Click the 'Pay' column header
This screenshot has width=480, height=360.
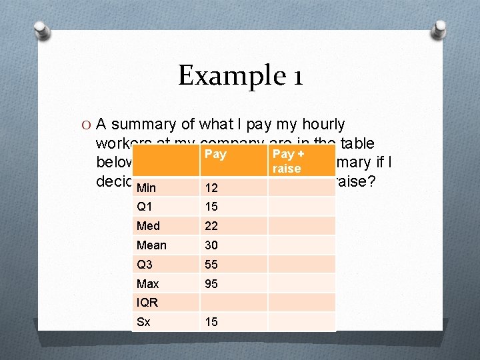pos(215,155)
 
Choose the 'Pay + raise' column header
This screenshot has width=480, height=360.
pos(287,161)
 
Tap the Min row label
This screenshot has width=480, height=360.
pos(147,188)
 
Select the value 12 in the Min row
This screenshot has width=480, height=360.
pos(211,188)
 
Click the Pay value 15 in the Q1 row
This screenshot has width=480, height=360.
pos(211,207)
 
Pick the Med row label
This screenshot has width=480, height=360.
pos(148,226)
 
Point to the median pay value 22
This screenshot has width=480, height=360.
pos(211,226)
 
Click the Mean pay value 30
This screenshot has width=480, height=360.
pos(211,245)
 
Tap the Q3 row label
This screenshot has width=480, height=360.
pos(145,265)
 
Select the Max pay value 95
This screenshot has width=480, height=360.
pos(211,284)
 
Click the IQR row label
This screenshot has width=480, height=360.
pos(147,303)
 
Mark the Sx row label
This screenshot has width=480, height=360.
pos(143,322)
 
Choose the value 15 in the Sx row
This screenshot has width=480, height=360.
pos(211,322)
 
